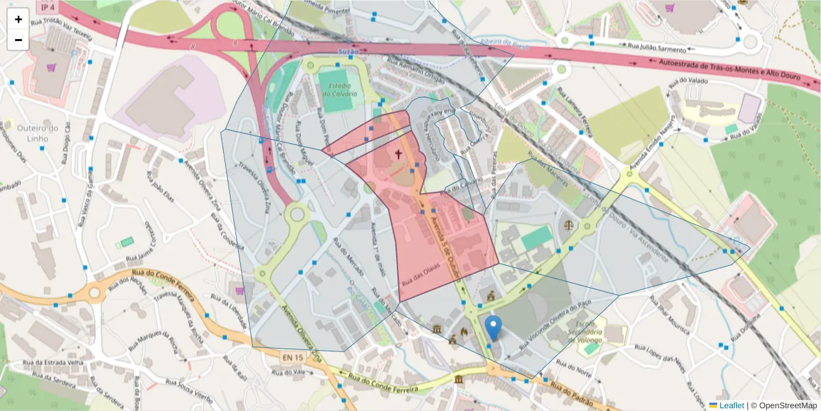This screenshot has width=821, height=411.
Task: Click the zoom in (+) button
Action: coord(18,19)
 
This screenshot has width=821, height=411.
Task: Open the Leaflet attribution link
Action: coord(731,405)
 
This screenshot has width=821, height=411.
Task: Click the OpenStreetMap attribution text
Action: coord(784,405)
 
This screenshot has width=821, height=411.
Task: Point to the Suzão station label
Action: coord(349,51)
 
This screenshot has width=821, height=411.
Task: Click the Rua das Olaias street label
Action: coord(418,276)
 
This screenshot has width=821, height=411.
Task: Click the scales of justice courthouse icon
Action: coord(568,224)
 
